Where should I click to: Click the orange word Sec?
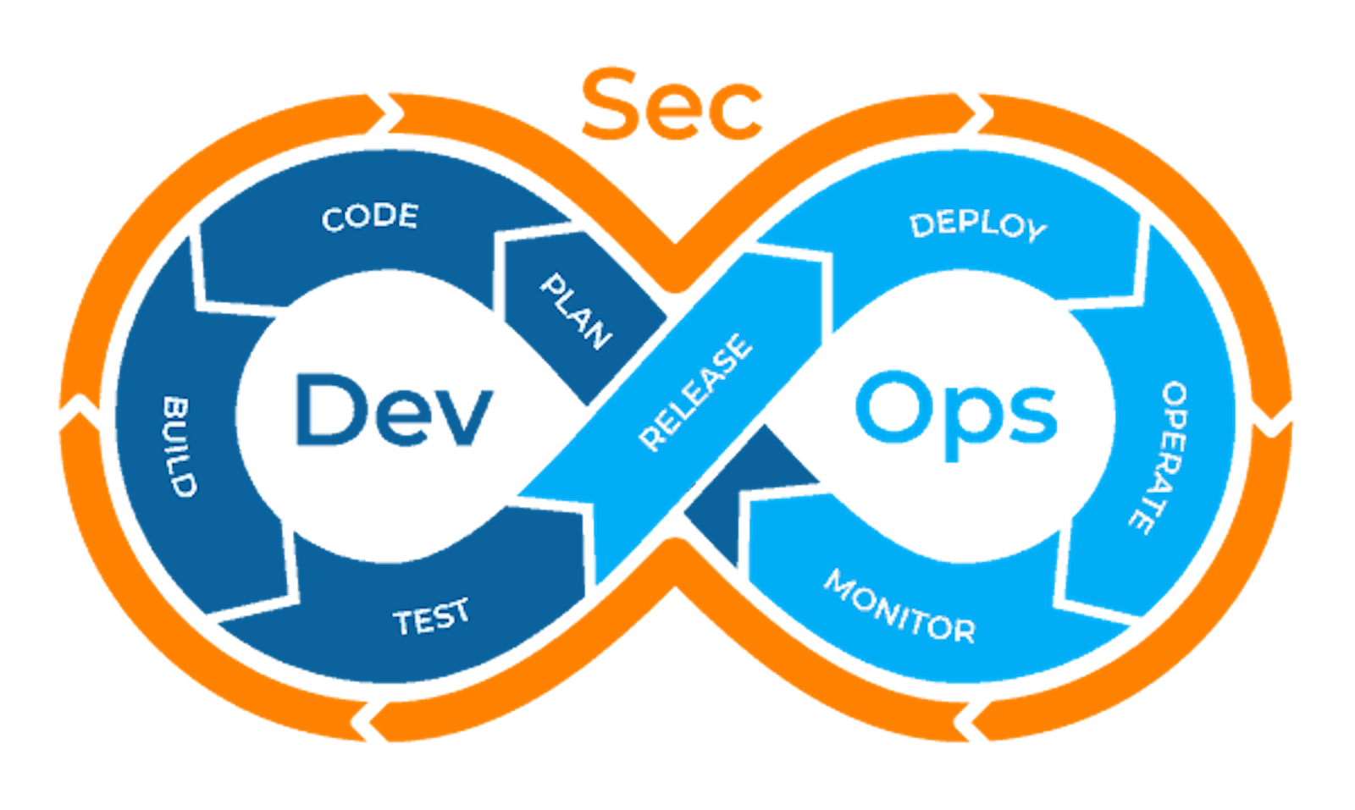[672, 105]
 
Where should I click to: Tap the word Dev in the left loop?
[392, 410]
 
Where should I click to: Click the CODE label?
[370, 217]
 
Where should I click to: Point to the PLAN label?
[576, 311]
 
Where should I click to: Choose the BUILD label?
[179, 446]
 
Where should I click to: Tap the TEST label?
[431, 617]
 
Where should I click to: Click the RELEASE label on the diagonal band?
[695, 392]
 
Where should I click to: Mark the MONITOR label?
[899, 607]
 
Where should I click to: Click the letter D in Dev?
[325, 410]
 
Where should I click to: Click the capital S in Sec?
[611, 105]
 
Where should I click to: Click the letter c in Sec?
[738, 113]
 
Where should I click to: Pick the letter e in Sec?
[677, 113]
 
